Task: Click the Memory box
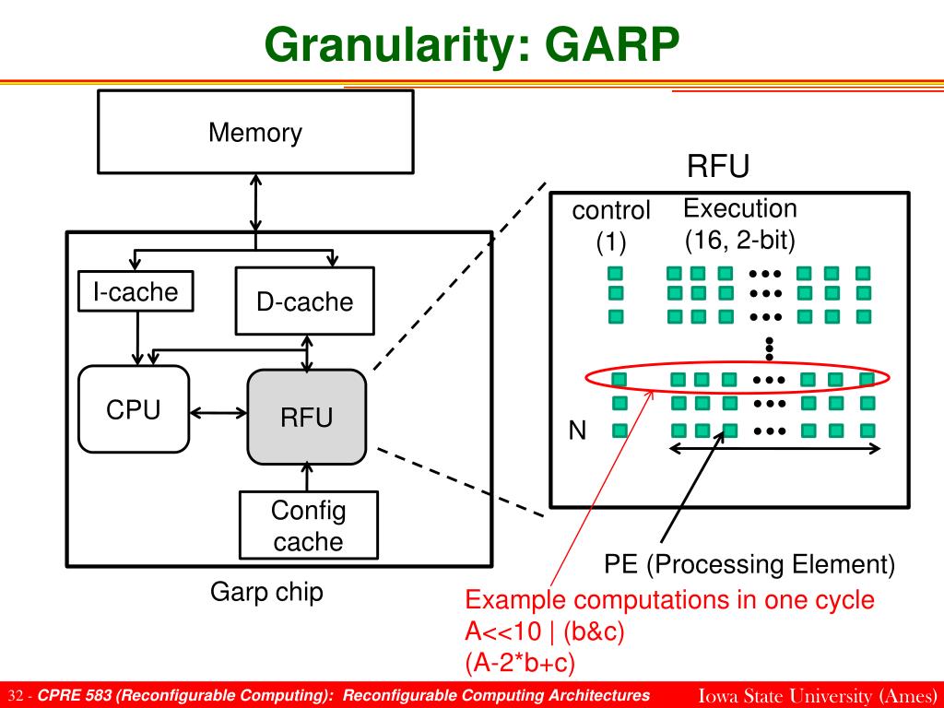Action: [255, 132]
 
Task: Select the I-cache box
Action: [136, 291]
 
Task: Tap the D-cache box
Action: [304, 301]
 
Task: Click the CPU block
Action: [134, 409]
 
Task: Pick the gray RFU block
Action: [306, 418]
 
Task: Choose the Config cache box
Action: [308, 525]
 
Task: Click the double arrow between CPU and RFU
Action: [218, 413]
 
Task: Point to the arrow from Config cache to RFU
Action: [307, 477]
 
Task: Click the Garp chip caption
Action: [266, 592]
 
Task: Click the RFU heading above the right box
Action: [717, 166]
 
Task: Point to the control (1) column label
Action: [611, 226]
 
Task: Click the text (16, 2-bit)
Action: [740, 241]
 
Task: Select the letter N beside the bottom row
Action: [577, 431]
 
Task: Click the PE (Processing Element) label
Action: [749, 564]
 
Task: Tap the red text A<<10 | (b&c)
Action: [545, 631]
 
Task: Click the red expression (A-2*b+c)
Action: [520, 662]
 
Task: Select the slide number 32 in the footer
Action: [16, 696]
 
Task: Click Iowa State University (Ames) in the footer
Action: [817, 695]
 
